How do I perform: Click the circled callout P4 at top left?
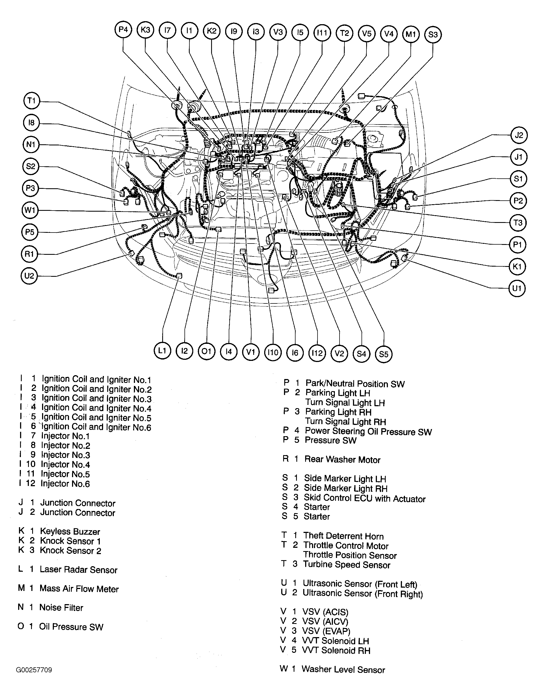(123, 30)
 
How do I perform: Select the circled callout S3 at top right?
(433, 34)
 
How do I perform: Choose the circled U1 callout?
(517, 288)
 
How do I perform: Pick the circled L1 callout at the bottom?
(162, 350)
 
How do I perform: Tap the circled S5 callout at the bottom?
(384, 354)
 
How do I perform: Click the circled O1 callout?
(206, 351)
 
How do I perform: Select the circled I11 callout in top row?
(322, 32)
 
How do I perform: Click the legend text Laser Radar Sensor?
(79, 570)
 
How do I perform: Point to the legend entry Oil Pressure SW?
(71, 627)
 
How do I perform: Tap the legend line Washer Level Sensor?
(343, 670)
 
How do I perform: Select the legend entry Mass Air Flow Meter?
(79, 589)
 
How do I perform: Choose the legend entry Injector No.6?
(65, 484)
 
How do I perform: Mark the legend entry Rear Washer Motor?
(342, 460)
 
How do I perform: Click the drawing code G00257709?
(34, 670)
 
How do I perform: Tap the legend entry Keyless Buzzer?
(70, 532)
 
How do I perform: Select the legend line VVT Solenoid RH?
(346, 651)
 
